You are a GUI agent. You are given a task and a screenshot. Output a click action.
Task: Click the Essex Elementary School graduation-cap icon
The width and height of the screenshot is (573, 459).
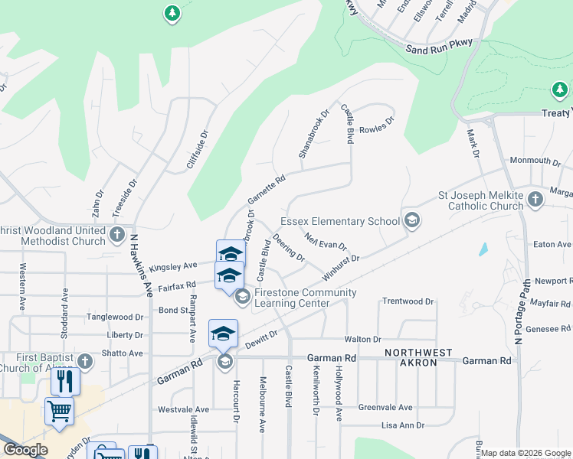pyautogui.click(x=412, y=221)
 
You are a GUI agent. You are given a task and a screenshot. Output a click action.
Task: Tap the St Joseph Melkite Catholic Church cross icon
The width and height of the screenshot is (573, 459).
pyautogui.click(x=535, y=200)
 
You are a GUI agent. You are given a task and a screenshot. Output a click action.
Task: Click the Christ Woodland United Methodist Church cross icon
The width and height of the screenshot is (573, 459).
pyautogui.click(x=117, y=235)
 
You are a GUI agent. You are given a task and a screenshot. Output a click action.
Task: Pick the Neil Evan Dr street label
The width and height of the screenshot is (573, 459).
pyautogui.click(x=326, y=242)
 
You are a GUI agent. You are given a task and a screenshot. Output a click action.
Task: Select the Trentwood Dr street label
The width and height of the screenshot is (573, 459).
pyautogui.click(x=408, y=301)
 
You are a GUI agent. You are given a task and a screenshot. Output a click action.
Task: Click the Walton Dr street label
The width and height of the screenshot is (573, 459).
pyautogui.click(x=363, y=339)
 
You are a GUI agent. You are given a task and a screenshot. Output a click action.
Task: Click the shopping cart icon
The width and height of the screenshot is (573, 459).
pyautogui.click(x=59, y=410)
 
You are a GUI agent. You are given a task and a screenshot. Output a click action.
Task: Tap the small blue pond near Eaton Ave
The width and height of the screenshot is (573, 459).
pyautogui.click(x=483, y=249)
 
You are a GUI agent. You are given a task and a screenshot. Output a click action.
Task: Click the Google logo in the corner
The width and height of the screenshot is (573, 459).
pyautogui.click(x=25, y=449)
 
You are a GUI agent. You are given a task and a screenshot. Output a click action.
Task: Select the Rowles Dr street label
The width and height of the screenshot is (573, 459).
pyautogui.click(x=376, y=123)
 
